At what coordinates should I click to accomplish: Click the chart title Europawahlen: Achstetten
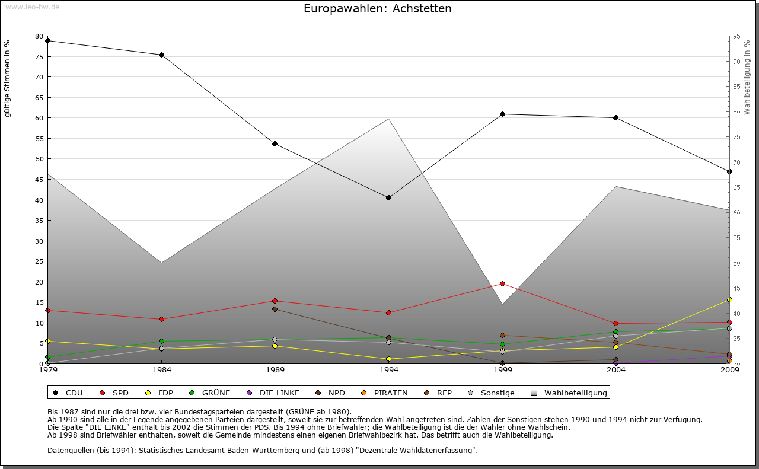(377, 8)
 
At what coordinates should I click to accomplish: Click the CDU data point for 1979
(47, 41)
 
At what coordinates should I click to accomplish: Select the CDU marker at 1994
(388, 197)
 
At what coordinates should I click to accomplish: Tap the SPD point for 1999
(502, 283)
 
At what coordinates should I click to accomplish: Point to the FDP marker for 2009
(729, 300)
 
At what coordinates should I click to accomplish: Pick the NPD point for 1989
(275, 309)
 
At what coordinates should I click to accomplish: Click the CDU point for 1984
(161, 55)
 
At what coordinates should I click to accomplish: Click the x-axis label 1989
(275, 370)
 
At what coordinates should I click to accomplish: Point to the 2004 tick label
(616, 370)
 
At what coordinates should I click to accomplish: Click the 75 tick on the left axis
(39, 57)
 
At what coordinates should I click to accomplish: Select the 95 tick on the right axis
(736, 36)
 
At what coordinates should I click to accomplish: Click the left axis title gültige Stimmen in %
(8, 78)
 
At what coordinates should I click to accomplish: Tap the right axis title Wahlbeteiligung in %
(747, 77)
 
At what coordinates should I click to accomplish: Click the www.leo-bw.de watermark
(32, 7)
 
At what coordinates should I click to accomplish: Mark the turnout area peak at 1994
(388, 119)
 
